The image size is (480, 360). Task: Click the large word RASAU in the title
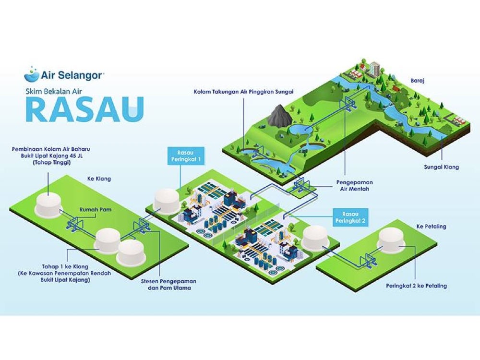84,109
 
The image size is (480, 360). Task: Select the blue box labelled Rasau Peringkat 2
350,217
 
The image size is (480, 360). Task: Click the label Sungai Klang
442,167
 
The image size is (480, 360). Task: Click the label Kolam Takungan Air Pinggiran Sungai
243,91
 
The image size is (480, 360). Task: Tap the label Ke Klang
99,179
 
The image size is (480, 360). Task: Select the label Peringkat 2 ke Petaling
416,286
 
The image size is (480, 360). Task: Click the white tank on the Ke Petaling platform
392,240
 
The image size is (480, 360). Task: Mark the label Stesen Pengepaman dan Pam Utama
167,285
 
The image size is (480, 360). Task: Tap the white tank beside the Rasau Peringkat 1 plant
167,201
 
